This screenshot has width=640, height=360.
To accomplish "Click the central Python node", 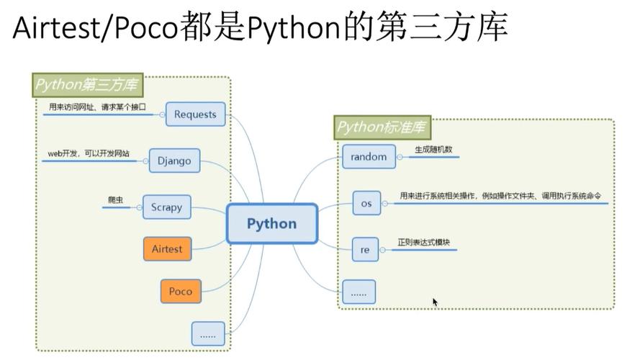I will coord(271,223).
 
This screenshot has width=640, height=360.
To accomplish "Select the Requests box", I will coord(195,114).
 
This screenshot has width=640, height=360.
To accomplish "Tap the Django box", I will coord(174,161).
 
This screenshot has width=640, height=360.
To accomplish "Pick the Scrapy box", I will coord(166,207).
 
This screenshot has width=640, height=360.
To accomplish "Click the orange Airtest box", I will coord(167,249).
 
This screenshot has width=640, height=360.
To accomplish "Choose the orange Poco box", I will coord(181,291).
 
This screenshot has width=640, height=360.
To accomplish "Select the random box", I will coord(369,156).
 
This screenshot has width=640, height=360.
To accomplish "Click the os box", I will coord(366,203).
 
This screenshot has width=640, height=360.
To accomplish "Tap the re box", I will coord(365,250).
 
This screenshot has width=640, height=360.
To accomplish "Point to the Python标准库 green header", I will coord(382,128).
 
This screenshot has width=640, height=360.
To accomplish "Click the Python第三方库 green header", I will coord(87,85).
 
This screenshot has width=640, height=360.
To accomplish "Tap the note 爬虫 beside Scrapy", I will coord(115,199).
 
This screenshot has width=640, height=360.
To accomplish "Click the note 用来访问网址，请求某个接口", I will coord(97,107).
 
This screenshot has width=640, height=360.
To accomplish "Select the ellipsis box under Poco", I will coord(208,333).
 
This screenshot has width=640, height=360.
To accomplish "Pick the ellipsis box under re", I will coord(359,292).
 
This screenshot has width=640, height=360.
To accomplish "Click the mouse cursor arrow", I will coord(435,302).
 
